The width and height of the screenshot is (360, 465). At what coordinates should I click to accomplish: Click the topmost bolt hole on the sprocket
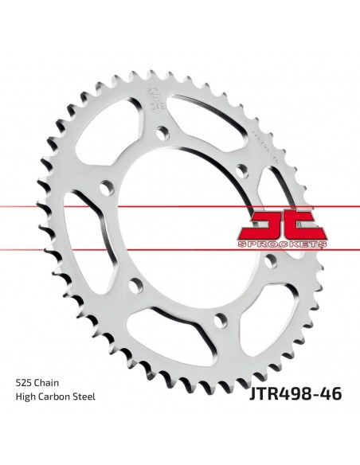click(x=162, y=131)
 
